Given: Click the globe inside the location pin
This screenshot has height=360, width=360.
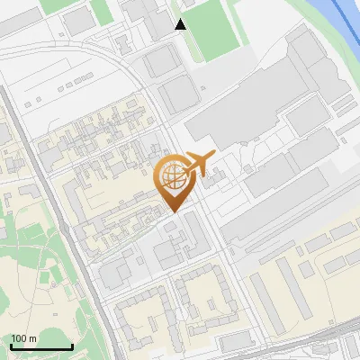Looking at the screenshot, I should click(x=173, y=178).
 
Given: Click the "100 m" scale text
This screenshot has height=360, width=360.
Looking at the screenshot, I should click(x=23, y=338).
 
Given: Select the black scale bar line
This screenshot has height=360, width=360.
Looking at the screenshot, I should click(x=40, y=346).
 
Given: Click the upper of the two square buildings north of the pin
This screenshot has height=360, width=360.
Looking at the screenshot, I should click(x=162, y=61).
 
